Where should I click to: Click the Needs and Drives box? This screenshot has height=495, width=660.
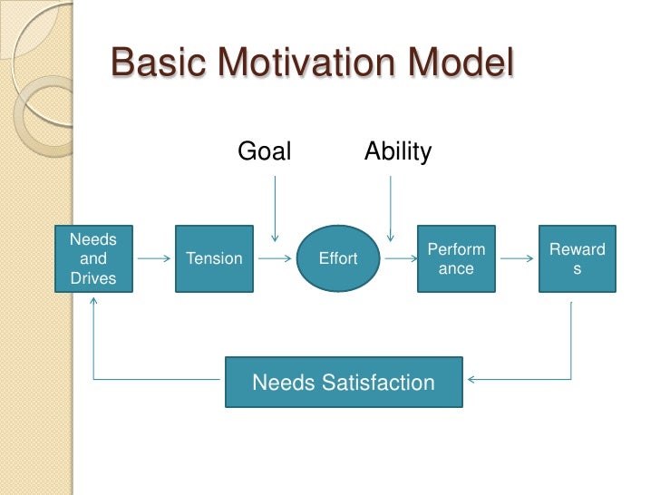93,258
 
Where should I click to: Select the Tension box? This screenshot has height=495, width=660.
214,258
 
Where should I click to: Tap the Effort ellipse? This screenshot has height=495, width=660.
338,258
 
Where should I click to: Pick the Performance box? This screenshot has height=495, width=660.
456,258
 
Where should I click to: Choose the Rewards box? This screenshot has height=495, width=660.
577,258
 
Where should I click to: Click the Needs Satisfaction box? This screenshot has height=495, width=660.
344,382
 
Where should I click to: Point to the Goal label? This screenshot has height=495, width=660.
265,151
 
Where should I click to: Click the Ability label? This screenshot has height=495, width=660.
398,151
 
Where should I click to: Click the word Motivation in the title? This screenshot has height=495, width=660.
309,64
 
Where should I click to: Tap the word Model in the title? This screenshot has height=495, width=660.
462,64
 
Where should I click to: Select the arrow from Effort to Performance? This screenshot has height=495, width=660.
396,258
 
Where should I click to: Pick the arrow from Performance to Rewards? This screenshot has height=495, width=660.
517,258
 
